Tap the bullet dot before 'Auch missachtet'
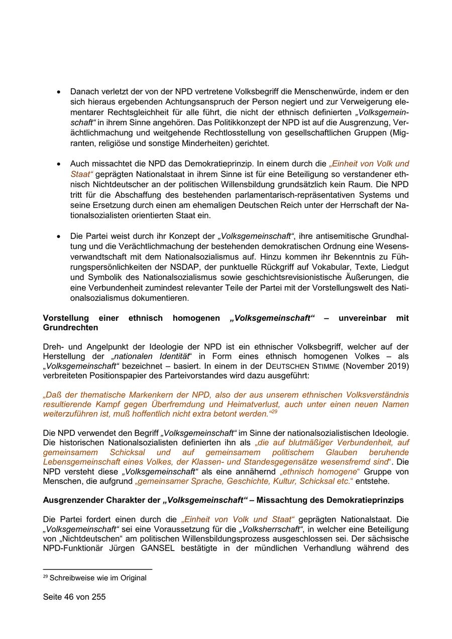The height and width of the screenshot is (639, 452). tap(59, 164)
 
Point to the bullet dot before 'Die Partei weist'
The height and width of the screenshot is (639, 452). tap(59, 236)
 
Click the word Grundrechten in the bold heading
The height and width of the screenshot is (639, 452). tap(70, 328)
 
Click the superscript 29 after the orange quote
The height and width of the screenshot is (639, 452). tap(274, 412)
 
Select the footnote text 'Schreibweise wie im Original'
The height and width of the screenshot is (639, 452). tap(98, 578)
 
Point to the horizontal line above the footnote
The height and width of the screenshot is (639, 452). tap(97, 569)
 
